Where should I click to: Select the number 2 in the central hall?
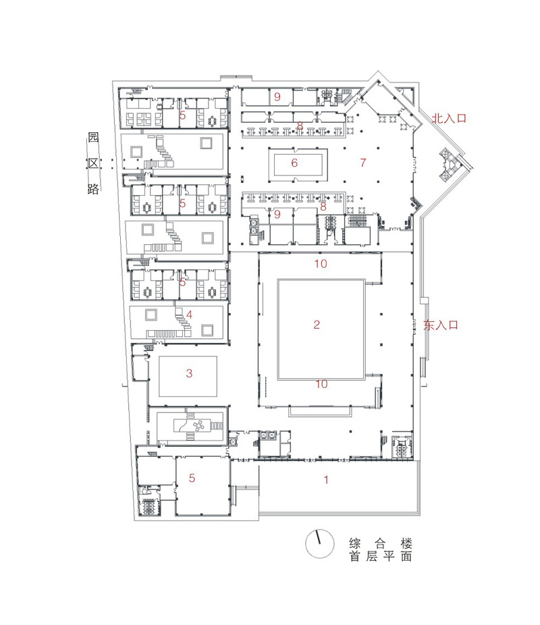[x=316, y=325]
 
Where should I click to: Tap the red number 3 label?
[x=190, y=373]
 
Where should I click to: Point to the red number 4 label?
[x=190, y=314]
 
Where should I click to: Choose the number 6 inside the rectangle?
[x=294, y=163]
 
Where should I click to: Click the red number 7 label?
[x=362, y=163]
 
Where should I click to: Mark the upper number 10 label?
[x=321, y=264]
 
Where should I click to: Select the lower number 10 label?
[x=322, y=384]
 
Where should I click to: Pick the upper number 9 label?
[x=277, y=97]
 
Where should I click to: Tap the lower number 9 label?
[x=277, y=214]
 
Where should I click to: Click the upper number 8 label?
[x=299, y=126]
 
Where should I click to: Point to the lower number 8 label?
[x=323, y=207]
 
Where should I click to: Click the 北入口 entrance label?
[x=449, y=117]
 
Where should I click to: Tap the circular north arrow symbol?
[x=319, y=543]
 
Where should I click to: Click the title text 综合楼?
[x=380, y=543]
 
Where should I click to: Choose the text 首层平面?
[x=380, y=558]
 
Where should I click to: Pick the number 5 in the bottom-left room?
[x=192, y=479]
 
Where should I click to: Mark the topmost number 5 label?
[x=182, y=116]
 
